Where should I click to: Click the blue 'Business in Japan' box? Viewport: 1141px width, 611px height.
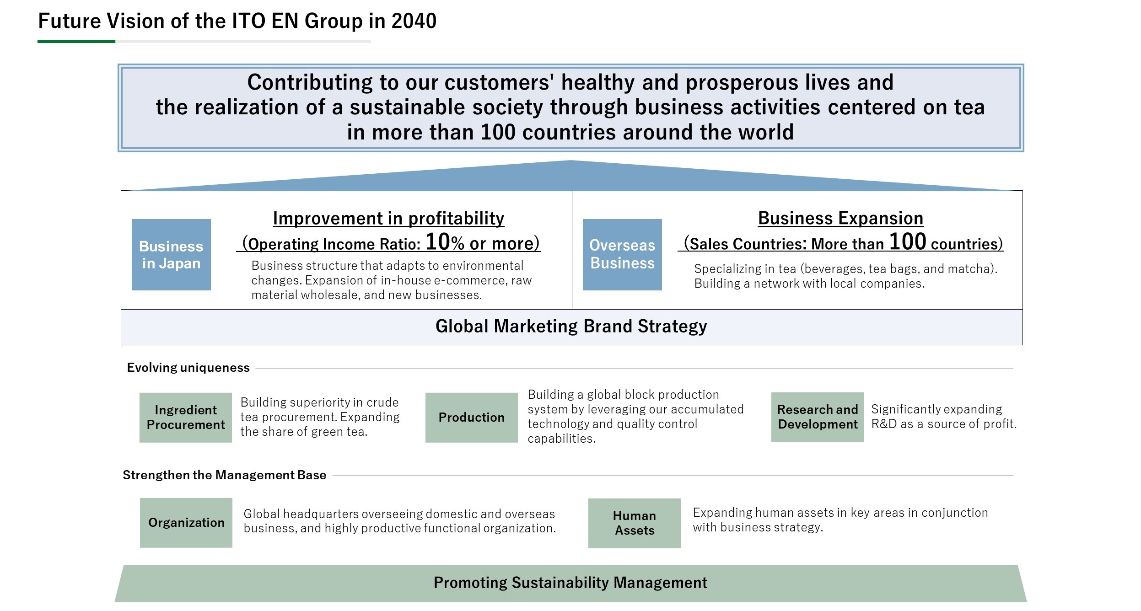point(171,254)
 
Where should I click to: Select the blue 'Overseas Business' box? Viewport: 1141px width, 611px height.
point(622,254)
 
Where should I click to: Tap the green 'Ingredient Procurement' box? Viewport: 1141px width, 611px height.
point(186,417)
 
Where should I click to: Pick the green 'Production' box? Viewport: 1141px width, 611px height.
point(472,417)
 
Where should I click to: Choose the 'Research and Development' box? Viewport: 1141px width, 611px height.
point(818,417)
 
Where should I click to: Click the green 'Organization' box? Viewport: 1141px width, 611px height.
point(186,522)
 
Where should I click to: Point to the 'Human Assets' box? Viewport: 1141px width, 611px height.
point(635,523)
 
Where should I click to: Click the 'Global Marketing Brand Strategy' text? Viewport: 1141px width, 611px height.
point(571,326)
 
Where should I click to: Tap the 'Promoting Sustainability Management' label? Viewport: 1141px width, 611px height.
point(570,583)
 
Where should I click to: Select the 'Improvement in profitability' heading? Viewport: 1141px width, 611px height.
point(388,218)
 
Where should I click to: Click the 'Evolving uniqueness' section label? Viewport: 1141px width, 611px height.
point(188,368)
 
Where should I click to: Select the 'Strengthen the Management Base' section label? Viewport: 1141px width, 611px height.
point(225,475)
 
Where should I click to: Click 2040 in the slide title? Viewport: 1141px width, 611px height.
point(414,21)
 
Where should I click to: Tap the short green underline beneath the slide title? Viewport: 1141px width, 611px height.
point(76,42)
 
